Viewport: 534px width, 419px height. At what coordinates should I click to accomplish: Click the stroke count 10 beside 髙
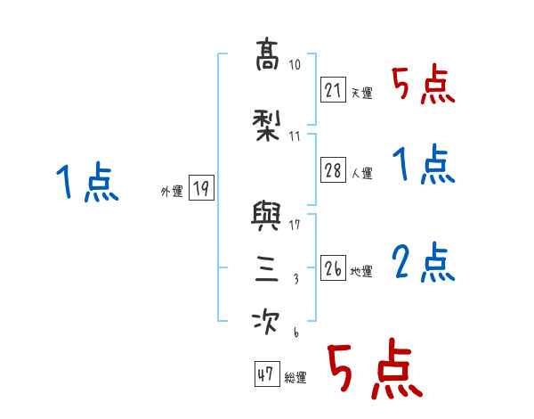click(295, 66)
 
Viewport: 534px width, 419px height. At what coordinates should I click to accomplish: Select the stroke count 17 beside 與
click(295, 225)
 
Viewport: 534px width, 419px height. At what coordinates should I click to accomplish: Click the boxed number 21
click(334, 89)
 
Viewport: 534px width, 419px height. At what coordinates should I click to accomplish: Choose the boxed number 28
click(334, 171)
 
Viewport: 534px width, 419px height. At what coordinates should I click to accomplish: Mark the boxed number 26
click(334, 267)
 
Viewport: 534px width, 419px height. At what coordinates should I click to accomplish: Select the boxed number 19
click(200, 188)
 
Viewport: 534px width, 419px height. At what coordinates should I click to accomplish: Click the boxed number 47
click(265, 374)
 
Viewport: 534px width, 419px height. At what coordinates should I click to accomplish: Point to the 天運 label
click(362, 93)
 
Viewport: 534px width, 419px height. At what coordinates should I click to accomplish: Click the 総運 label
click(295, 378)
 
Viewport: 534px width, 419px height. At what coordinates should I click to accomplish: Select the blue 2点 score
click(423, 264)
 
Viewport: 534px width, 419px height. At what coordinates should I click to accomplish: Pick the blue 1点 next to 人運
click(423, 166)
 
